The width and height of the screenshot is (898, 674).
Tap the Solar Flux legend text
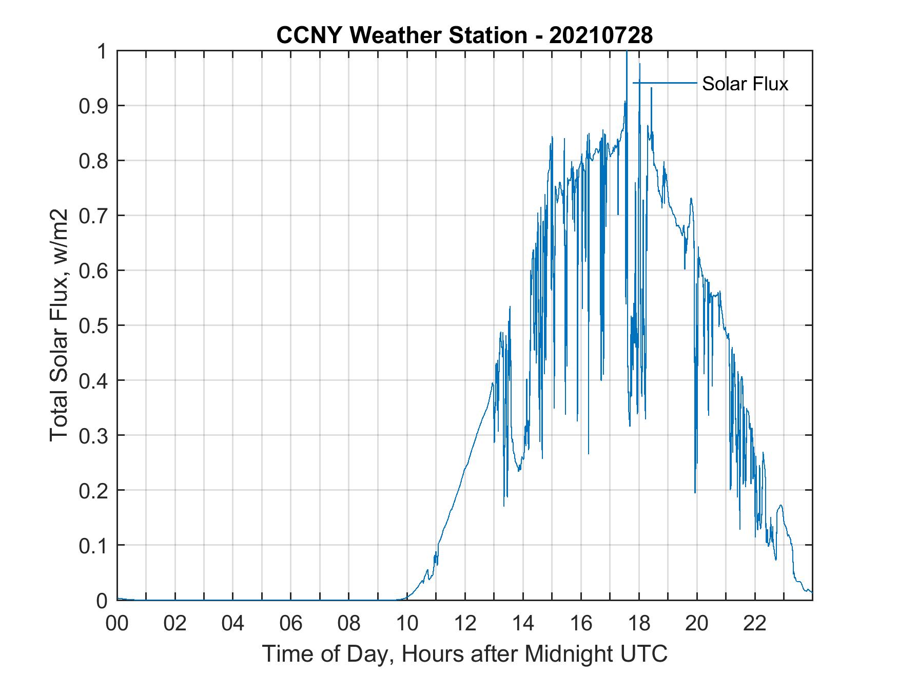click(745, 84)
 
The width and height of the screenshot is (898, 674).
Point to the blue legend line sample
click(666, 83)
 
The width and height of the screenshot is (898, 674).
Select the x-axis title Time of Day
click(464, 653)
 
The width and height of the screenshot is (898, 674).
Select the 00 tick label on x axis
click(117, 623)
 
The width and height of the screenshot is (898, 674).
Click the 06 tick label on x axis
click(291, 623)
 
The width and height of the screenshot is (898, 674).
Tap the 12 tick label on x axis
click(465, 623)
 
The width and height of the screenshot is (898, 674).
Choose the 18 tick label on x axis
click(639, 623)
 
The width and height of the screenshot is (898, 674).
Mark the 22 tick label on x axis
click(755, 623)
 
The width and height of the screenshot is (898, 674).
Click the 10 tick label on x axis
click(407, 623)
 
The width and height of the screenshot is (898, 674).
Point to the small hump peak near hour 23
click(780, 506)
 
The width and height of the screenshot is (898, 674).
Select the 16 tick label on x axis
click(581, 623)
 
